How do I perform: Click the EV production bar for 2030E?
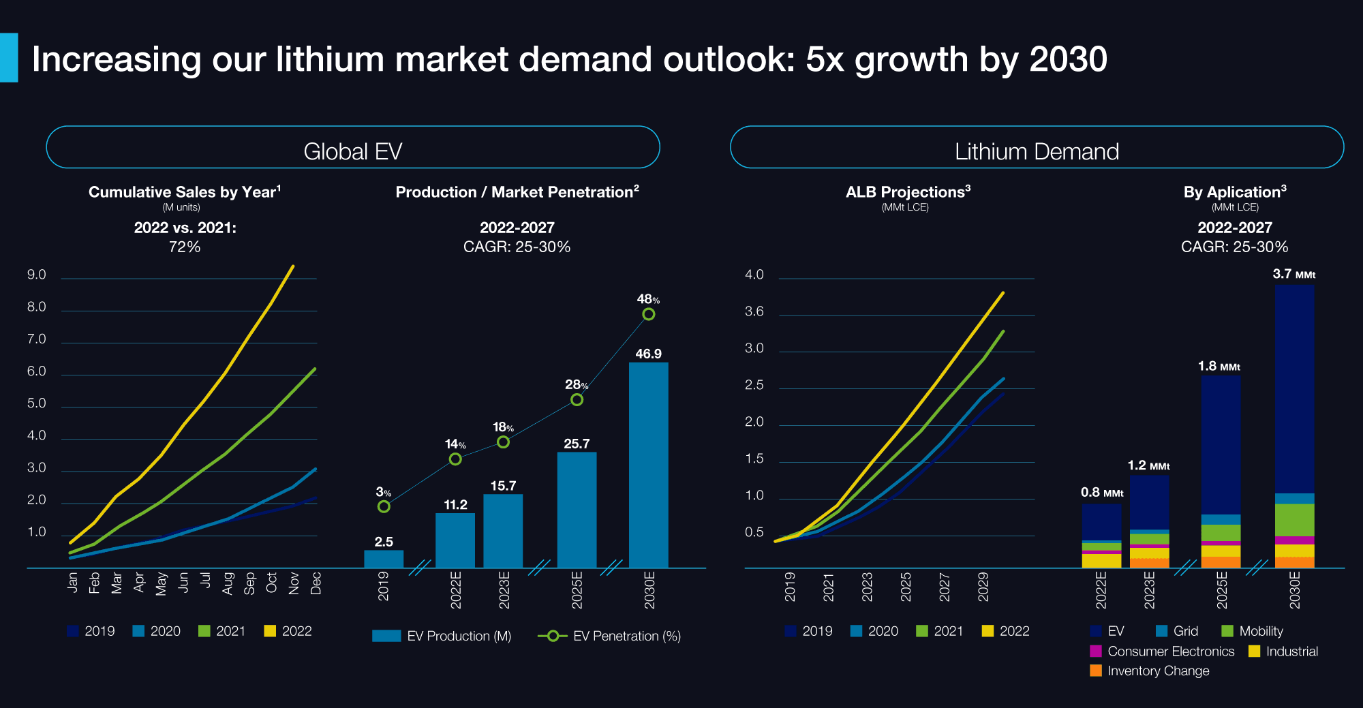point(648,465)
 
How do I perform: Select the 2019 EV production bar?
point(384,559)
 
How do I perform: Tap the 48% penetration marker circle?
point(649,314)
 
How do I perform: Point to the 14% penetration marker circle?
point(455,459)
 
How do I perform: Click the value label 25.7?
point(577,444)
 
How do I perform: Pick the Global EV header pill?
point(352,147)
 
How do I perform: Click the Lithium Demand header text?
point(1037,151)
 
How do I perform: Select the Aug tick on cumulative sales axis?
point(228,583)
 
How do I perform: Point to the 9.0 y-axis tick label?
point(37,275)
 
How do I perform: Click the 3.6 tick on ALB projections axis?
point(754,311)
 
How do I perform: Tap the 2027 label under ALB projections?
point(945,587)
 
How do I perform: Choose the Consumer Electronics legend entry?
point(1163,651)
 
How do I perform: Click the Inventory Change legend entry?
point(1150,671)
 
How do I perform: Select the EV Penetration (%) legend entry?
point(609,636)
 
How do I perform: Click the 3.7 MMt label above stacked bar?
point(1293,274)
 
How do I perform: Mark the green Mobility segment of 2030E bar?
point(1294,519)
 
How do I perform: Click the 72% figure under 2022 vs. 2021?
point(185,247)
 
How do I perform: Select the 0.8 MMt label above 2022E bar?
point(1101,492)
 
